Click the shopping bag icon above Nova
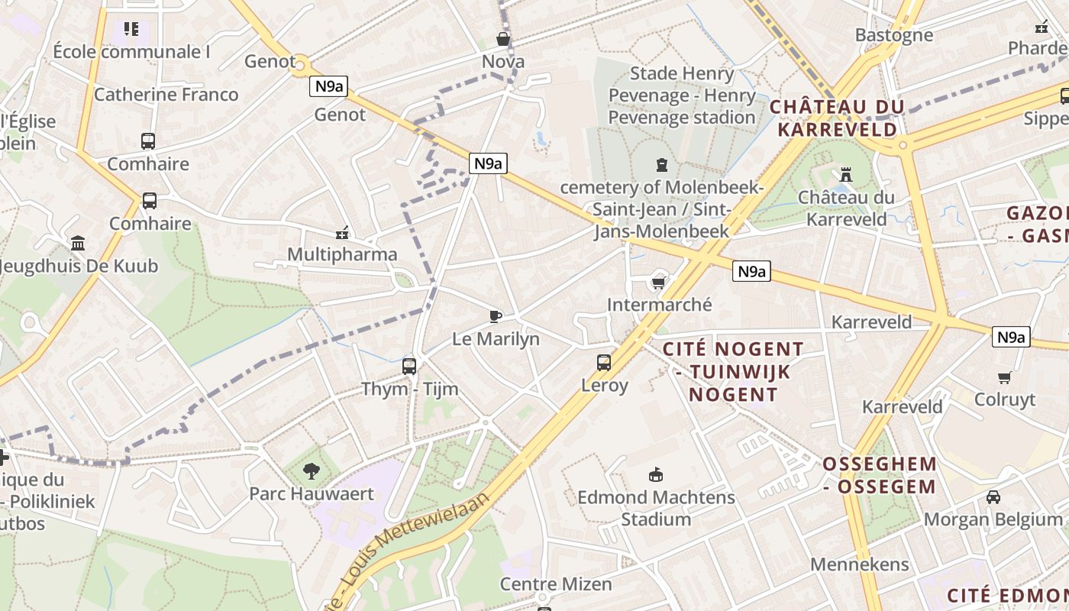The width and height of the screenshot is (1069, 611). click(x=503, y=38)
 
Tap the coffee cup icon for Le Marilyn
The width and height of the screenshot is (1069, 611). click(x=496, y=316)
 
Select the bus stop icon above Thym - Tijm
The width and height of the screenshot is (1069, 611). click(x=409, y=366)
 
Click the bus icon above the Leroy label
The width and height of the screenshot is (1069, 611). click(x=604, y=362)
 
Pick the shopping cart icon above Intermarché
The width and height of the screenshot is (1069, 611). click(x=658, y=283)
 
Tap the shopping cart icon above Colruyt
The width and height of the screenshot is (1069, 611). click(x=1005, y=377)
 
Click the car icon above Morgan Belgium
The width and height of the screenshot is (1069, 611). click(x=993, y=497)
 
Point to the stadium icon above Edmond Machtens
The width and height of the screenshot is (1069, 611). click(x=655, y=474)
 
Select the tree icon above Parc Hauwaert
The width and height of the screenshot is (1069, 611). click(x=311, y=470)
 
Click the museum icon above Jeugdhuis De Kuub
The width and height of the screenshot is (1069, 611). click(x=78, y=243)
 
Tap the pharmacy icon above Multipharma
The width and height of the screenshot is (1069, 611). click(x=342, y=232)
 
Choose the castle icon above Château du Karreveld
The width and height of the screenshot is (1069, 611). click(x=845, y=174)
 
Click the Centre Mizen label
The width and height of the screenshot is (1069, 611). click(x=556, y=584)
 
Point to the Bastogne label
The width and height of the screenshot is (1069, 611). click(x=893, y=35)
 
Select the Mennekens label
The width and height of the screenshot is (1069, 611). click(x=860, y=564)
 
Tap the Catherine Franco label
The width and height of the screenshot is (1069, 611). click(x=166, y=95)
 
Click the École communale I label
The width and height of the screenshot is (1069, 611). click(x=131, y=52)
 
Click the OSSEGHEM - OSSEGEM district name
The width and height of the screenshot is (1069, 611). click(x=879, y=475)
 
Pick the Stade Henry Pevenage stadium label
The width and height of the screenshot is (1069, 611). click(x=682, y=95)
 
